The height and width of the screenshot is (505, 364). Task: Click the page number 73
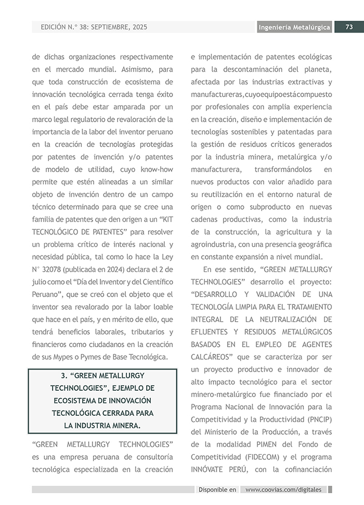pos(349,28)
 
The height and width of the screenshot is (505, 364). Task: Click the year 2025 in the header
pos(138,27)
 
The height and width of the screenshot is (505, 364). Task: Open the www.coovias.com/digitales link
pos(283,489)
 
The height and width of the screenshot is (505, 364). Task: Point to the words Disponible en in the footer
pos(217,489)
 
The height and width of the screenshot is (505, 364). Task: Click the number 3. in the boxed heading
pos(64,376)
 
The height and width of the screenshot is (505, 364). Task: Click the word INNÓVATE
pos(210,469)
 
